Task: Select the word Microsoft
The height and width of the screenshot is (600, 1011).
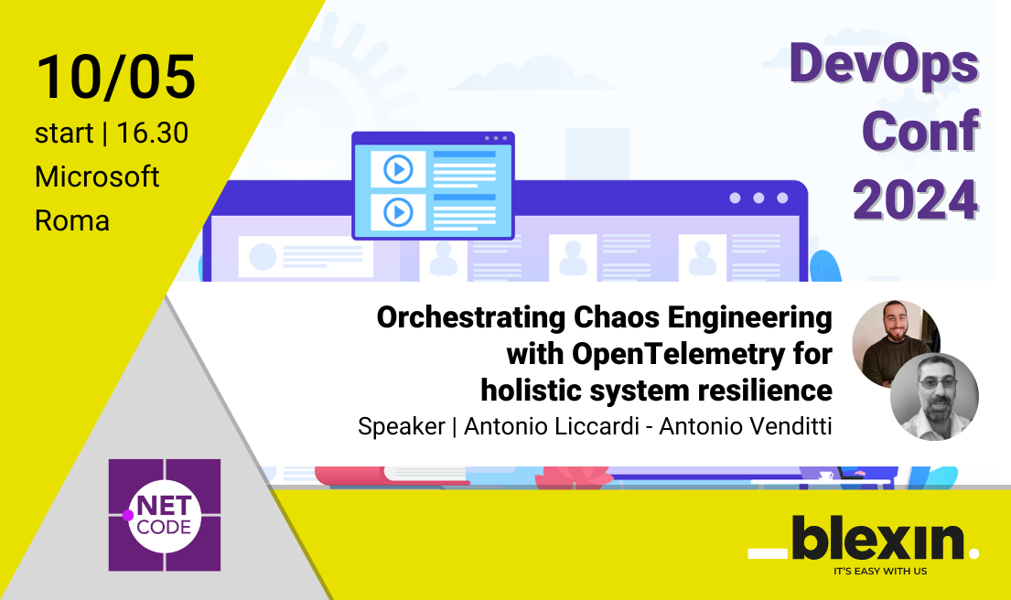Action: [97, 177]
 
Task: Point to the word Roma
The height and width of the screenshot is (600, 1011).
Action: [71, 220]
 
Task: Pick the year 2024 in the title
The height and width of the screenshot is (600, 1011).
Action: [915, 198]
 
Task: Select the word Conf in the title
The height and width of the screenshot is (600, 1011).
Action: [920, 133]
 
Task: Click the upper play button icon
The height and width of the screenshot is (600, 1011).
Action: [398, 169]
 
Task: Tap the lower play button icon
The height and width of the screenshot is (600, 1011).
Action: [398, 212]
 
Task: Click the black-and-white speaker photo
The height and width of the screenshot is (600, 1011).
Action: [934, 397]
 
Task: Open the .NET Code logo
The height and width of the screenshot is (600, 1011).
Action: [165, 515]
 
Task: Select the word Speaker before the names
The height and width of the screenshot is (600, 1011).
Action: [401, 426]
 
